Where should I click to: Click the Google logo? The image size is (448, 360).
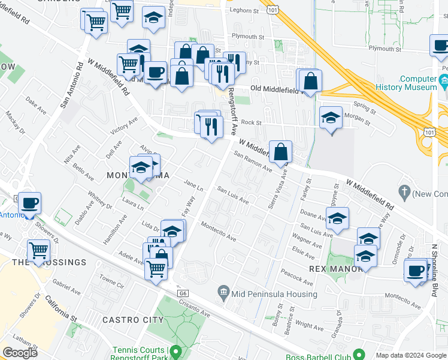point(20,352)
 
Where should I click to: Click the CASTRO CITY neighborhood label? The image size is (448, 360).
point(133,320)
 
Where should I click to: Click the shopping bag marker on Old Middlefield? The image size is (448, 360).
point(311,81)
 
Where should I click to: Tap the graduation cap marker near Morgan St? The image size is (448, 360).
point(331,118)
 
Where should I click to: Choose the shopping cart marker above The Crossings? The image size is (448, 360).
point(39,249)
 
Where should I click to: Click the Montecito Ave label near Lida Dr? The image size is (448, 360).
point(219,230)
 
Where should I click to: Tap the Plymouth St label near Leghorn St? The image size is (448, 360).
point(248,37)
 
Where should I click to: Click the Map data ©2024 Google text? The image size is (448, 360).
point(411,355)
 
